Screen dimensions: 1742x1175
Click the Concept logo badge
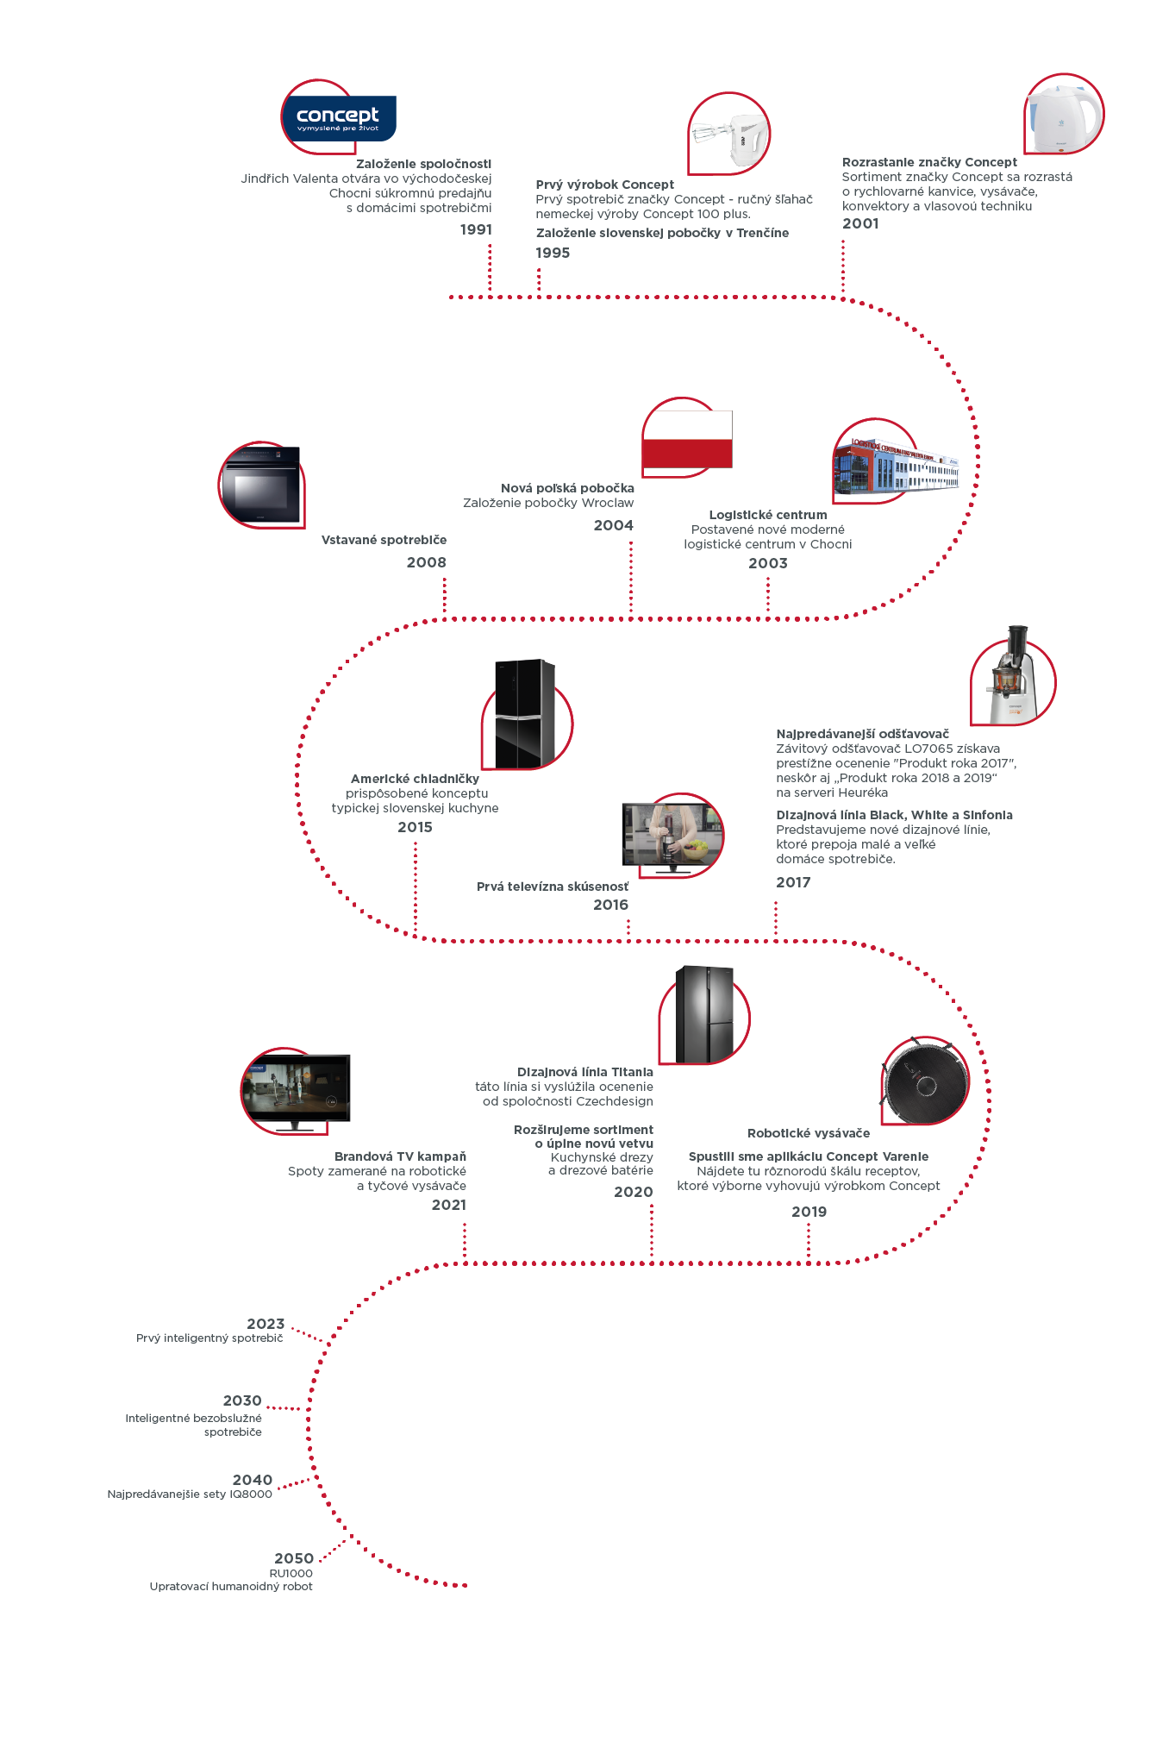coord(338,118)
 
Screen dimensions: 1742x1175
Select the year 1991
coord(476,229)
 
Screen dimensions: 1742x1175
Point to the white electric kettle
coord(1064,117)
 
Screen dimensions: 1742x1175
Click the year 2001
coord(860,223)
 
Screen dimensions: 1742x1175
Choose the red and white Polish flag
coord(687,439)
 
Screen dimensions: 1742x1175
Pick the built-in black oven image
coord(261,486)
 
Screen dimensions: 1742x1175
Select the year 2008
coord(426,562)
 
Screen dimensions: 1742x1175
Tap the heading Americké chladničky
coord(415,779)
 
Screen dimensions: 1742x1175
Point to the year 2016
coord(610,905)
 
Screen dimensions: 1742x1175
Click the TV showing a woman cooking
coord(672,835)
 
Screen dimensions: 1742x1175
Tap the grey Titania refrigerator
coord(705,1015)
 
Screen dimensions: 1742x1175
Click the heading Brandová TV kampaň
coord(400,1156)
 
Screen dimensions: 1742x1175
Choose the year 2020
coord(633,1192)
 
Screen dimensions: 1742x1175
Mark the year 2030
coord(242,1400)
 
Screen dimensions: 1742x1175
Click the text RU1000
coord(291,1573)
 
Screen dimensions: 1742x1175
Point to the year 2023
coord(266,1324)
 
